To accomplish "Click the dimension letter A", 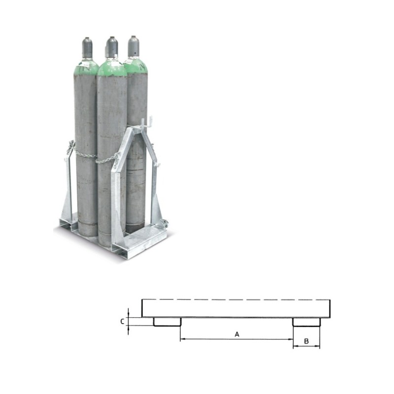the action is [237, 334].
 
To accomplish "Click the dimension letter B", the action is [306, 341].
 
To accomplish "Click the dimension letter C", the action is [122, 322].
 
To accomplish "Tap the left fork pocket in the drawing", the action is [167, 322].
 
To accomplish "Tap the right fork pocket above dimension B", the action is [306, 322].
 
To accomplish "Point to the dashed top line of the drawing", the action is [236, 299].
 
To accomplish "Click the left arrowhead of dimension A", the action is [183, 339].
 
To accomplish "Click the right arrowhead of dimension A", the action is [291, 339].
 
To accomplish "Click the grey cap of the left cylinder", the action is [87, 47].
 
